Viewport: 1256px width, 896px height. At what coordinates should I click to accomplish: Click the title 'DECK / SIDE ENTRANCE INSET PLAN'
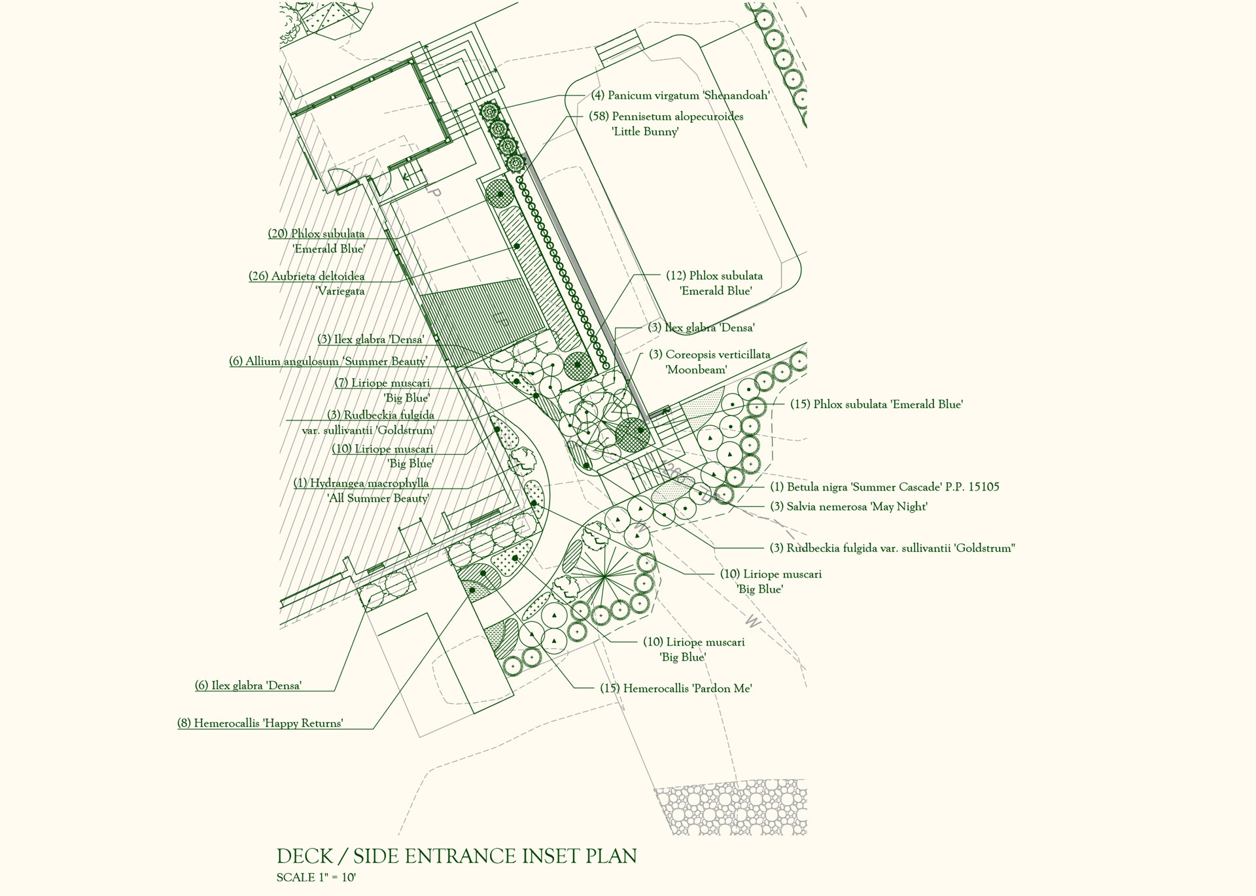(457, 856)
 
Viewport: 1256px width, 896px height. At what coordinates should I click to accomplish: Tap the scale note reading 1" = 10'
(316, 878)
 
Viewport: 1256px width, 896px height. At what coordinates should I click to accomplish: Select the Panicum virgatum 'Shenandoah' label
(680, 95)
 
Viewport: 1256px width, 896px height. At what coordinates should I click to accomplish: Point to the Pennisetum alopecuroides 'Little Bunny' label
(666, 124)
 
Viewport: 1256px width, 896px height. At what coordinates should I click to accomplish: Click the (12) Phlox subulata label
(714, 283)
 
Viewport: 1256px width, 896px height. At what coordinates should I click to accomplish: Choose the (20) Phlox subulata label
(317, 241)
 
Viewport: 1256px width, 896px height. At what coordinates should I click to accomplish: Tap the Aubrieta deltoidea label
(307, 284)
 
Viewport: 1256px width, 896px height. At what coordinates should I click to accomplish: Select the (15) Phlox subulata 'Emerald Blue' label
(877, 404)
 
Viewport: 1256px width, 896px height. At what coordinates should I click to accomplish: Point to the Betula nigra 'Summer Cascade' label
(884, 487)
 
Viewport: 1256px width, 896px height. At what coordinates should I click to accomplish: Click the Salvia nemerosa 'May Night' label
(848, 506)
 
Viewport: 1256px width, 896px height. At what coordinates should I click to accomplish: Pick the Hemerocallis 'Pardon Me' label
(676, 688)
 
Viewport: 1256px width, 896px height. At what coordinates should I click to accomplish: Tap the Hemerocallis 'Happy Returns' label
(260, 723)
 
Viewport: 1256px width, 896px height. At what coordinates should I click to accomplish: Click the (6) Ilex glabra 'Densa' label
(248, 685)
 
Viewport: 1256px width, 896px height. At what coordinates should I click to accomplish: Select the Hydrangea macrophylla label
(362, 491)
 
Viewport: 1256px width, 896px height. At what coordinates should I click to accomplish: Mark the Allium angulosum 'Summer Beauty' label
(328, 361)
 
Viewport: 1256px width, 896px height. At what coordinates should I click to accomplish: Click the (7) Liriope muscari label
(383, 390)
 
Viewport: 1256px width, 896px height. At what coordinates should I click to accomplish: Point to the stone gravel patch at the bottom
(731, 806)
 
